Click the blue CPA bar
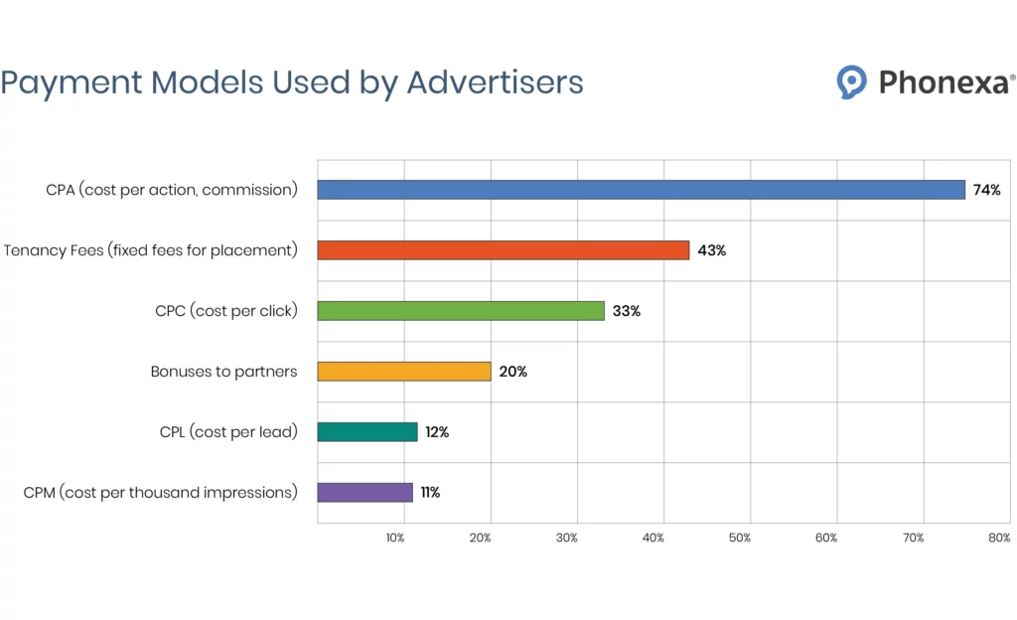641,190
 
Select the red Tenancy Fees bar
503,250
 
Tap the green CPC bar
460,311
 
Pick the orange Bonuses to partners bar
403,372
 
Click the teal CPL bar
366,432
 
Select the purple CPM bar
364,492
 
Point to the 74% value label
986,190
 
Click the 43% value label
711,250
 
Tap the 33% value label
626,311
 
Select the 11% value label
430,492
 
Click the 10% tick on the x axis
394,538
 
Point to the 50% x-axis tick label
740,538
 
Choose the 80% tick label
999,538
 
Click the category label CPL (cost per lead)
228,432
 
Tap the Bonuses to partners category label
223,372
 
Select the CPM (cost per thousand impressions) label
160,492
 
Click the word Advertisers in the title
495,81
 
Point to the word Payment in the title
69,81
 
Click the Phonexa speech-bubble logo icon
851,81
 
